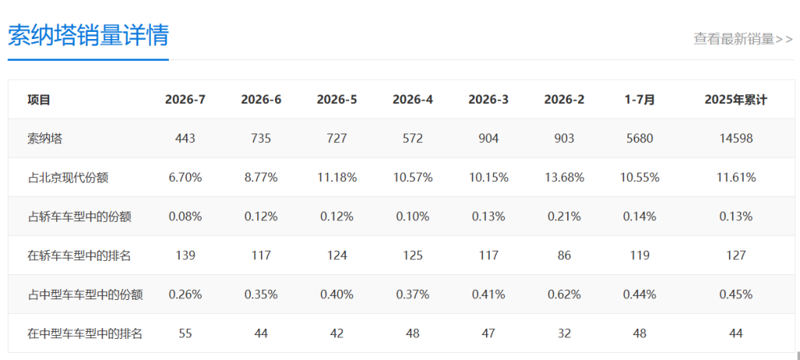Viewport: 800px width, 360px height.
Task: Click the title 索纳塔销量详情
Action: tap(88, 34)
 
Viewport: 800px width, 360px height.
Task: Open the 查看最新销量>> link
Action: tap(743, 39)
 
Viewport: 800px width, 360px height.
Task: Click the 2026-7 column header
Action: tap(185, 99)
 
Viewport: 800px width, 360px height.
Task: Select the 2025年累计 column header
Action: tap(736, 99)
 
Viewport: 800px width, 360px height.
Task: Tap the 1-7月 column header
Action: tap(639, 99)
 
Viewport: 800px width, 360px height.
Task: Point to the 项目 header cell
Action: tap(39, 99)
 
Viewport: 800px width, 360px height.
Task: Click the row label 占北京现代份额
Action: tap(68, 177)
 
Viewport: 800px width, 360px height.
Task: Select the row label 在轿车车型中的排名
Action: tap(79, 255)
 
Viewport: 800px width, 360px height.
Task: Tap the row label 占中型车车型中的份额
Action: tap(84, 294)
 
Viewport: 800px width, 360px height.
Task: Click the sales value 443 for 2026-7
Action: tap(185, 139)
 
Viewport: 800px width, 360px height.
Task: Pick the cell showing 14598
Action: tap(736, 139)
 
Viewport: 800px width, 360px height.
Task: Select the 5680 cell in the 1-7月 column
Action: tap(639, 139)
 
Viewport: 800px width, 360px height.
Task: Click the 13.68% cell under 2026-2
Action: tap(564, 177)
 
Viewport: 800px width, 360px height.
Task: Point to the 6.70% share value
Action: tap(185, 177)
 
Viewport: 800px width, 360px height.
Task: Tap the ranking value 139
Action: tap(185, 255)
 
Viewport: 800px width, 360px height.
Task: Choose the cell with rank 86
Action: tap(564, 255)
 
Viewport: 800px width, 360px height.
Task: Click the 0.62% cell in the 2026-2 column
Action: tap(564, 294)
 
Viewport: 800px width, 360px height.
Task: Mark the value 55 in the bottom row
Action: tap(185, 333)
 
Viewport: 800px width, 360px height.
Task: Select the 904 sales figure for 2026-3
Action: tap(488, 139)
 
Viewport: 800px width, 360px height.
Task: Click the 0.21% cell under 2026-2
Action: tap(564, 216)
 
